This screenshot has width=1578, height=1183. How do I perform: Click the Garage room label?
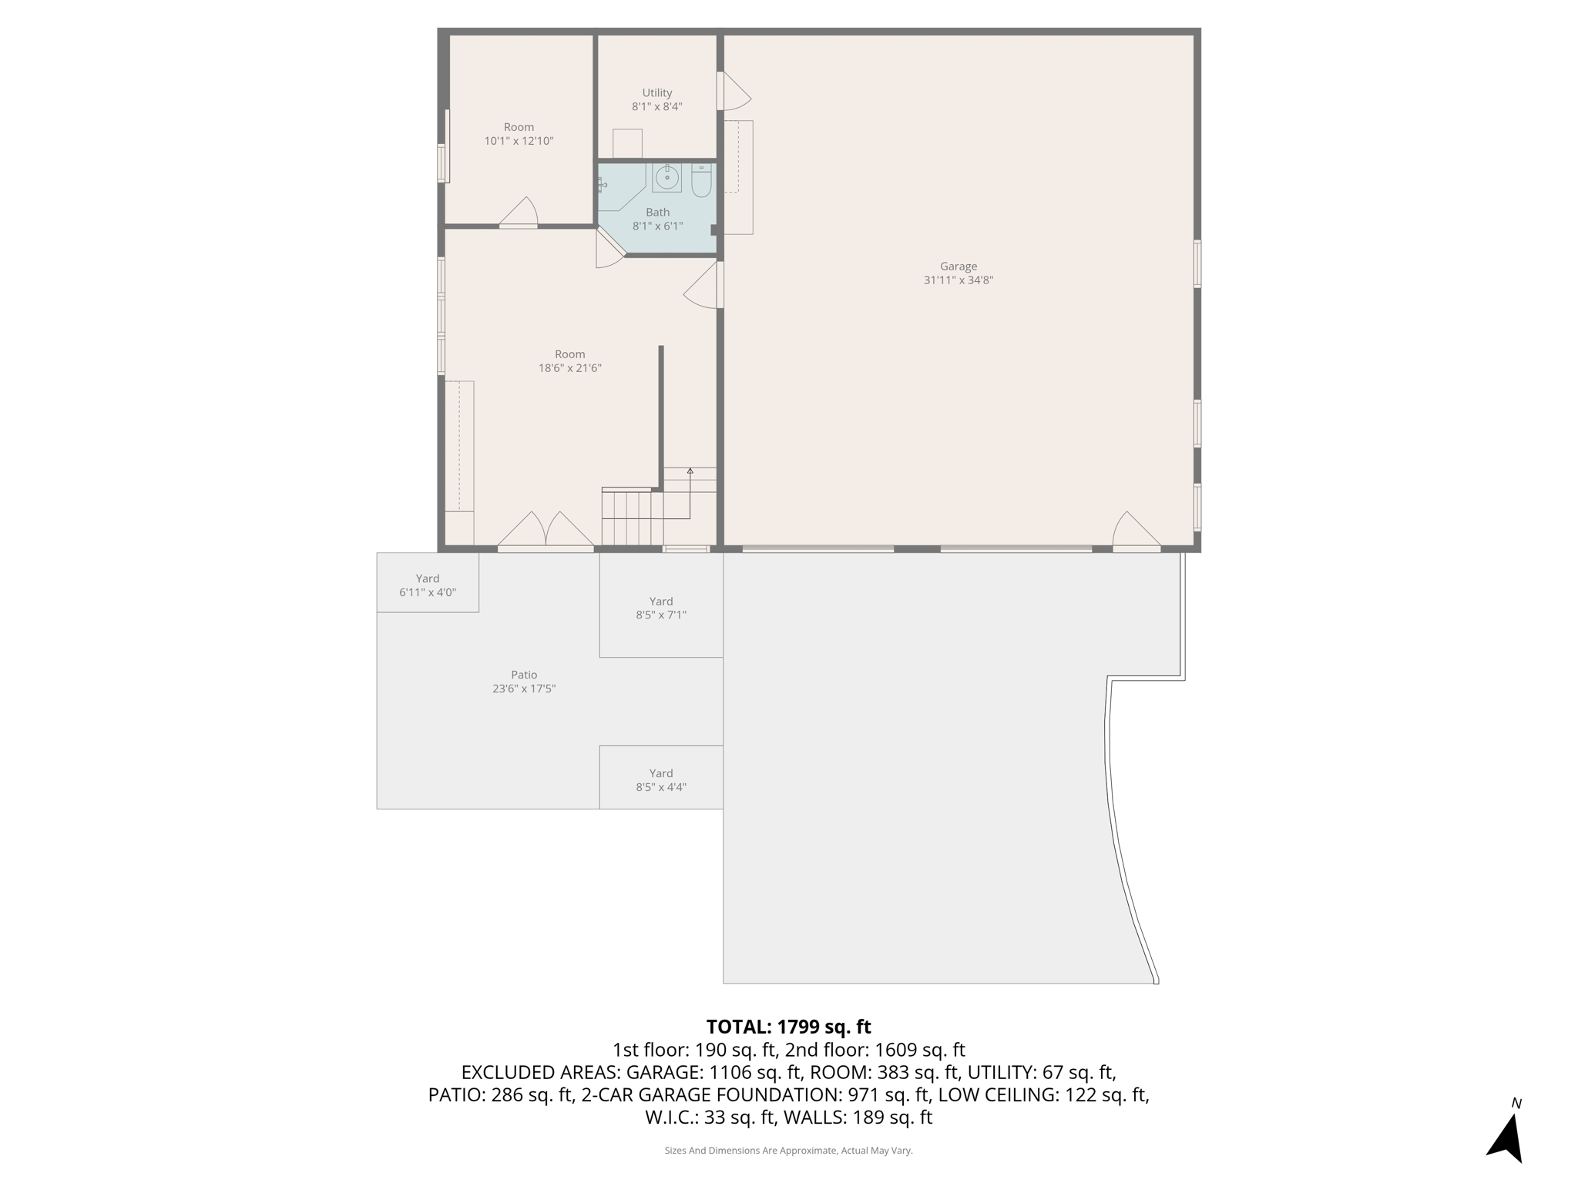958,273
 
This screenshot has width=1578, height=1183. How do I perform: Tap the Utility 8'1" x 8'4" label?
656,100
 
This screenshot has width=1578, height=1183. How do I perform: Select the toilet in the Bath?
701,181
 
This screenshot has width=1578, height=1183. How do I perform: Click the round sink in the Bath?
666,178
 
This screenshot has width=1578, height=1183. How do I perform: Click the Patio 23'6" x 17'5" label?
524,682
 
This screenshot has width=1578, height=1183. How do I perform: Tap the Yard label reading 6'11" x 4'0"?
428,585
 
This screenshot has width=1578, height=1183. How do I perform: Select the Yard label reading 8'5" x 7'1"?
661,608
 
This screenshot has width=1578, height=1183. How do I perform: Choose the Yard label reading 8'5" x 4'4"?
661,779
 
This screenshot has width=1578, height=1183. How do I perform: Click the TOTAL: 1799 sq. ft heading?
788,1027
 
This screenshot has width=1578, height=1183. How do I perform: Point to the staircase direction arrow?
690,471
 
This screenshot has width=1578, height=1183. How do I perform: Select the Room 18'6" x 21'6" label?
569,361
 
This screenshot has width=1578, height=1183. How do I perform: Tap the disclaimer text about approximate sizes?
788,1151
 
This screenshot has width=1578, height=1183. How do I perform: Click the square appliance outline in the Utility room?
627,143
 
